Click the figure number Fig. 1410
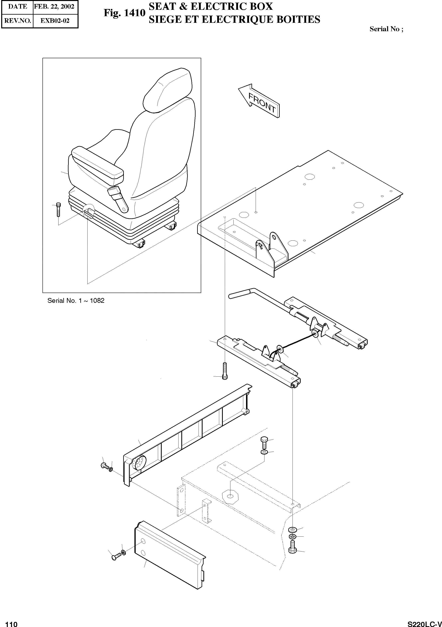coord(124,13)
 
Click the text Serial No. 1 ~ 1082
coord(76,301)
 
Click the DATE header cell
coord(17,7)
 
